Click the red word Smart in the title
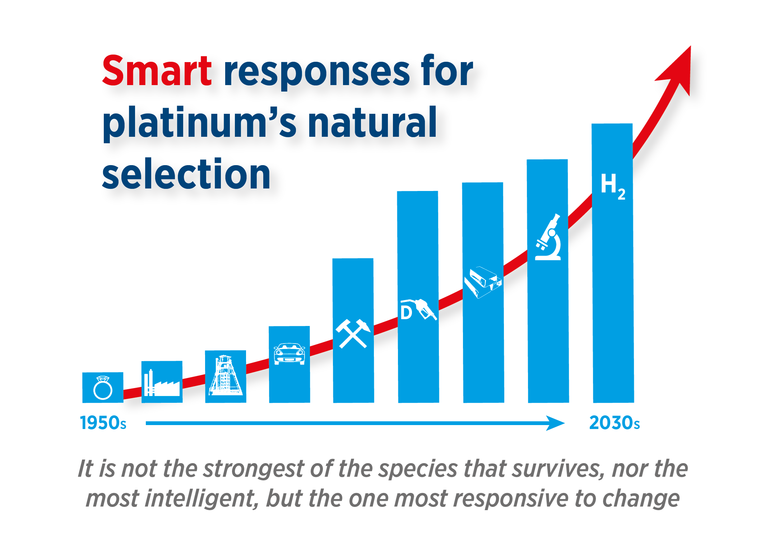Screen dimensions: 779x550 coord(157,71)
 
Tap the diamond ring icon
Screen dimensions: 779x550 coord(103,388)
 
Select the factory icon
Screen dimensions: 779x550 coord(162,383)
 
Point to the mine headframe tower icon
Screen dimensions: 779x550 coord(226,375)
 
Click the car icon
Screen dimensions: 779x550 coord(289,354)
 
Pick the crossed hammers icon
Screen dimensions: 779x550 coord(353,334)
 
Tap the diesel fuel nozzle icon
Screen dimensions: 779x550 coord(418,309)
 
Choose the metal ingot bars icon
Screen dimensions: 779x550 coord(483,282)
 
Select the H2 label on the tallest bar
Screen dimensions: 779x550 coord(613,186)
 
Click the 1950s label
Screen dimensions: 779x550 coord(103,423)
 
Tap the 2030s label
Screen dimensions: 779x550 coord(615,423)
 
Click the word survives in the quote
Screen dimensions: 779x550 coord(558,469)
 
